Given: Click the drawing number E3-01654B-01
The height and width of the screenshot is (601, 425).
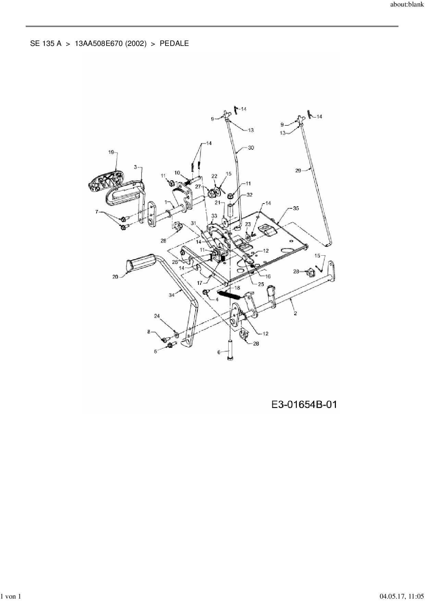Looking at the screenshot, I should click(x=304, y=405).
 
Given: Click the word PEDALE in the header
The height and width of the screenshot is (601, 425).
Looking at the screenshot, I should click(x=174, y=44).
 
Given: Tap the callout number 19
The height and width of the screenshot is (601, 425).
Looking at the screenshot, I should click(x=111, y=152).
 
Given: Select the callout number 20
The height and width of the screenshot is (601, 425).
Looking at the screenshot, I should click(x=115, y=277).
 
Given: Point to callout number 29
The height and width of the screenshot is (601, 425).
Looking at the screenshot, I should click(x=298, y=170).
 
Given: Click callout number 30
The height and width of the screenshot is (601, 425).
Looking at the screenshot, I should click(x=251, y=148).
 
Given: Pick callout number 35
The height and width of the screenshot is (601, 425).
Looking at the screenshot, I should click(x=295, y=208).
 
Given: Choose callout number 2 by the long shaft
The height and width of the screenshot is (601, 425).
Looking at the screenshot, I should click(x=295, y=313).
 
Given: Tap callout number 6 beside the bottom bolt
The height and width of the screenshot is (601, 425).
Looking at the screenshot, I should click(x=219, y=352).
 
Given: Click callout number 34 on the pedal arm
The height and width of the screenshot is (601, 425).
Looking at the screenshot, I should click(x=171, y=295).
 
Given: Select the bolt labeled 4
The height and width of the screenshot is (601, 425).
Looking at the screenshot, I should click(x=206, y=292).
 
